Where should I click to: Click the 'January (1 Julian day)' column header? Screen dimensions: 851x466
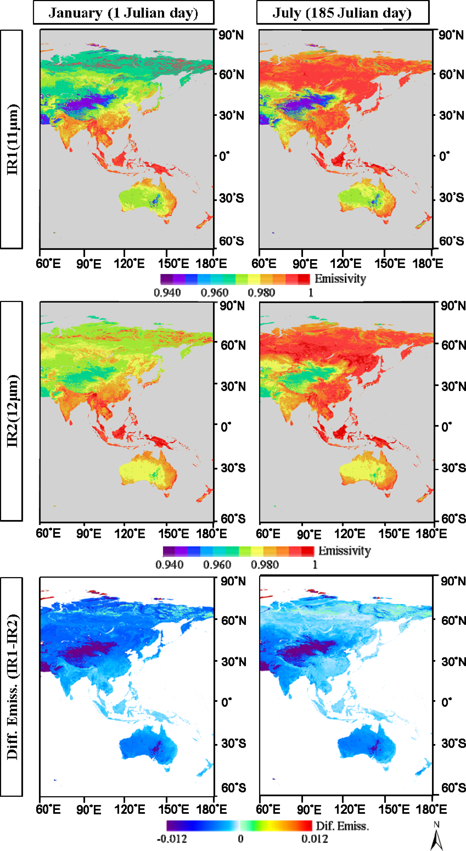tap(123, 13)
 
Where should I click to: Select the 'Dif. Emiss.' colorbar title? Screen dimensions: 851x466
tap(342, 826)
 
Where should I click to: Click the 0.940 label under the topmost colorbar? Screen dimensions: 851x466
tap(167, 293)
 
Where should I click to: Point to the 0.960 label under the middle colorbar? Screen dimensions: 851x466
tap(217, 565)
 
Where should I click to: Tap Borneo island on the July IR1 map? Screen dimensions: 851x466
tap(339, 159)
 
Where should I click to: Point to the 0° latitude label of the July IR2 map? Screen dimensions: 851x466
tap(447, 427)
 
